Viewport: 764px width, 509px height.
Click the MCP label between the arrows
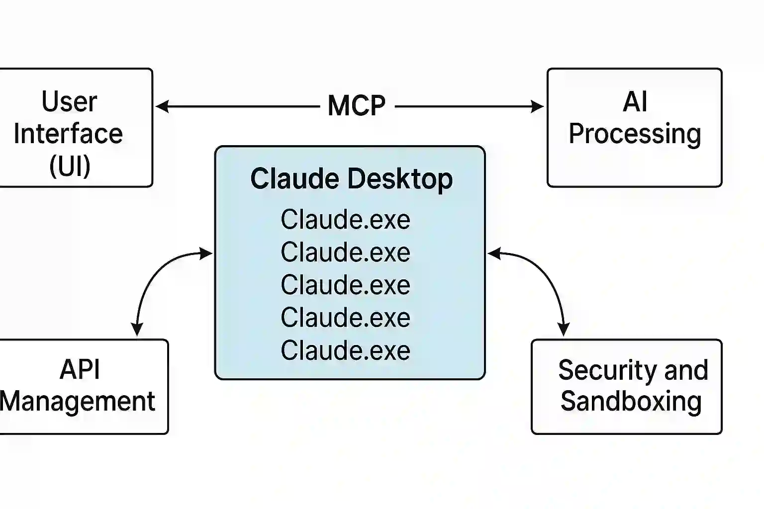point(357,106)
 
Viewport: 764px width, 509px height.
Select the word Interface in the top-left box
point(68,134)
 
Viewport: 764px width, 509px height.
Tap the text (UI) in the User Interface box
point(70,166)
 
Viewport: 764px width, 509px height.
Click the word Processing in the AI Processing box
point(635,134)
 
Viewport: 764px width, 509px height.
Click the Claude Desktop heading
point(351,178)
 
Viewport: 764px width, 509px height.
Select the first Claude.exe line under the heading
point(345,220)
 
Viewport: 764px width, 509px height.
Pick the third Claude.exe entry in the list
point(345,285)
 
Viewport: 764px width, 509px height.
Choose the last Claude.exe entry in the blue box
point(345,350)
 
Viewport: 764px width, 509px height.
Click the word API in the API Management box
point(80,370)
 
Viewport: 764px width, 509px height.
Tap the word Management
point(78,402)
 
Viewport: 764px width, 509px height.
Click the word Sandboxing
point(631,402)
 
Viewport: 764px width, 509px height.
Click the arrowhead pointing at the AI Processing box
point(538,106)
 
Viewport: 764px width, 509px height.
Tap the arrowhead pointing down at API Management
point(137,330)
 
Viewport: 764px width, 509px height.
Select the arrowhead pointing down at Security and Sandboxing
point(564,330)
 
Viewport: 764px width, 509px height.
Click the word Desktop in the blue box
point(400,178)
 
